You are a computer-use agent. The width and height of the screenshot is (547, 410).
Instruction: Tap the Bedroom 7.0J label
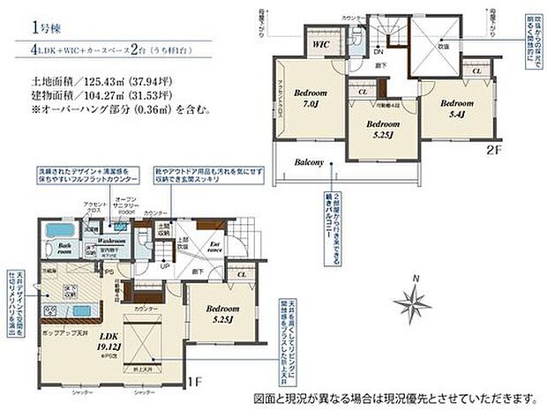click(x=311, y=97)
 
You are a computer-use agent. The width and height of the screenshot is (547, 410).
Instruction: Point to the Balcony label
click(x=310, y=160)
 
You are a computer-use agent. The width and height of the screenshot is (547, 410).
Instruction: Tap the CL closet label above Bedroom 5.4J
click(x=476, y=70)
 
